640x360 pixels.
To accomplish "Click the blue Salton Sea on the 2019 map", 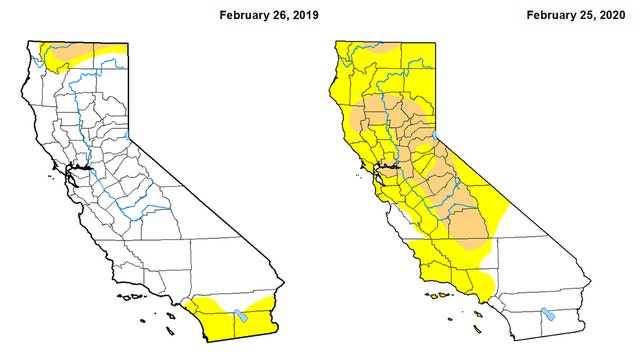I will click(x=239, y=317).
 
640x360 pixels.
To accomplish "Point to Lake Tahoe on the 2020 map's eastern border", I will click(x=436, y=136).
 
